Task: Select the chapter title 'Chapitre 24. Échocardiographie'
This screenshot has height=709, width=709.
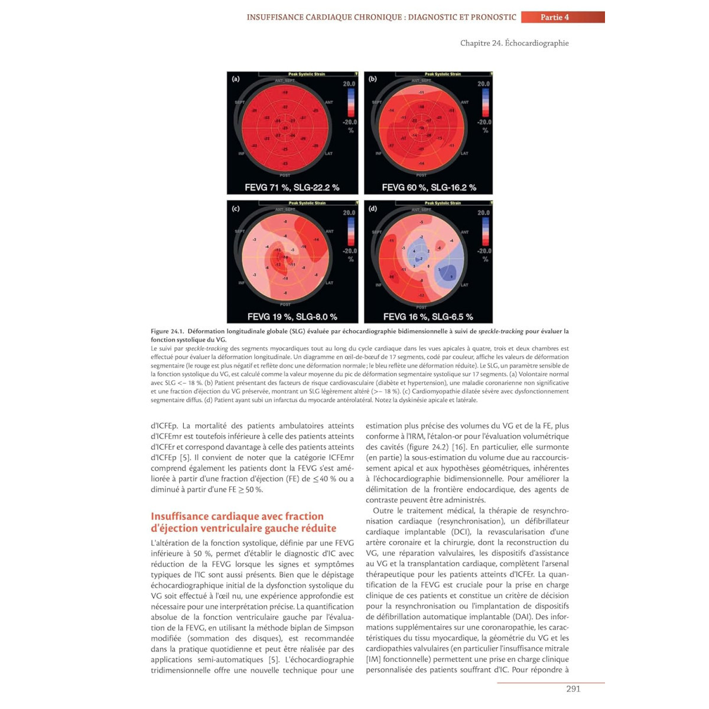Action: [514, 43]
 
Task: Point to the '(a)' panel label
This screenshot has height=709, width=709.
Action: [236, 79]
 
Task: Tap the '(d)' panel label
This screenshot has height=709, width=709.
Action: [373, 209]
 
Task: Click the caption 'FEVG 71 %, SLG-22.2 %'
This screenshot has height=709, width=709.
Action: [292, 187]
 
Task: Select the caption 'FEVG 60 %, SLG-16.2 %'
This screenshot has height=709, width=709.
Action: [429, 187]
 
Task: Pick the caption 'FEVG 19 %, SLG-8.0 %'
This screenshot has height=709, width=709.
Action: [292, 317]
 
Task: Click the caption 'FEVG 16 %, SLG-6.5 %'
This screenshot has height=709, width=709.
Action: [428, 317]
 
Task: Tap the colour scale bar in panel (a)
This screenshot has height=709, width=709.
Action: [350, 102]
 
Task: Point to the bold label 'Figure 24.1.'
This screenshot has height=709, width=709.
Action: [168, 331]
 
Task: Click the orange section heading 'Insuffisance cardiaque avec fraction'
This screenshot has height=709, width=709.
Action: [237, 516]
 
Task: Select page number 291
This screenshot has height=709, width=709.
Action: [573, 689]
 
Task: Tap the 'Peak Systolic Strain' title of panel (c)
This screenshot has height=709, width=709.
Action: [307, 203]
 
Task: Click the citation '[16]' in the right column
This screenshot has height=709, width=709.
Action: [458, 447]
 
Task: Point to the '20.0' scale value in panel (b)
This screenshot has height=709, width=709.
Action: [484, 84]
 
